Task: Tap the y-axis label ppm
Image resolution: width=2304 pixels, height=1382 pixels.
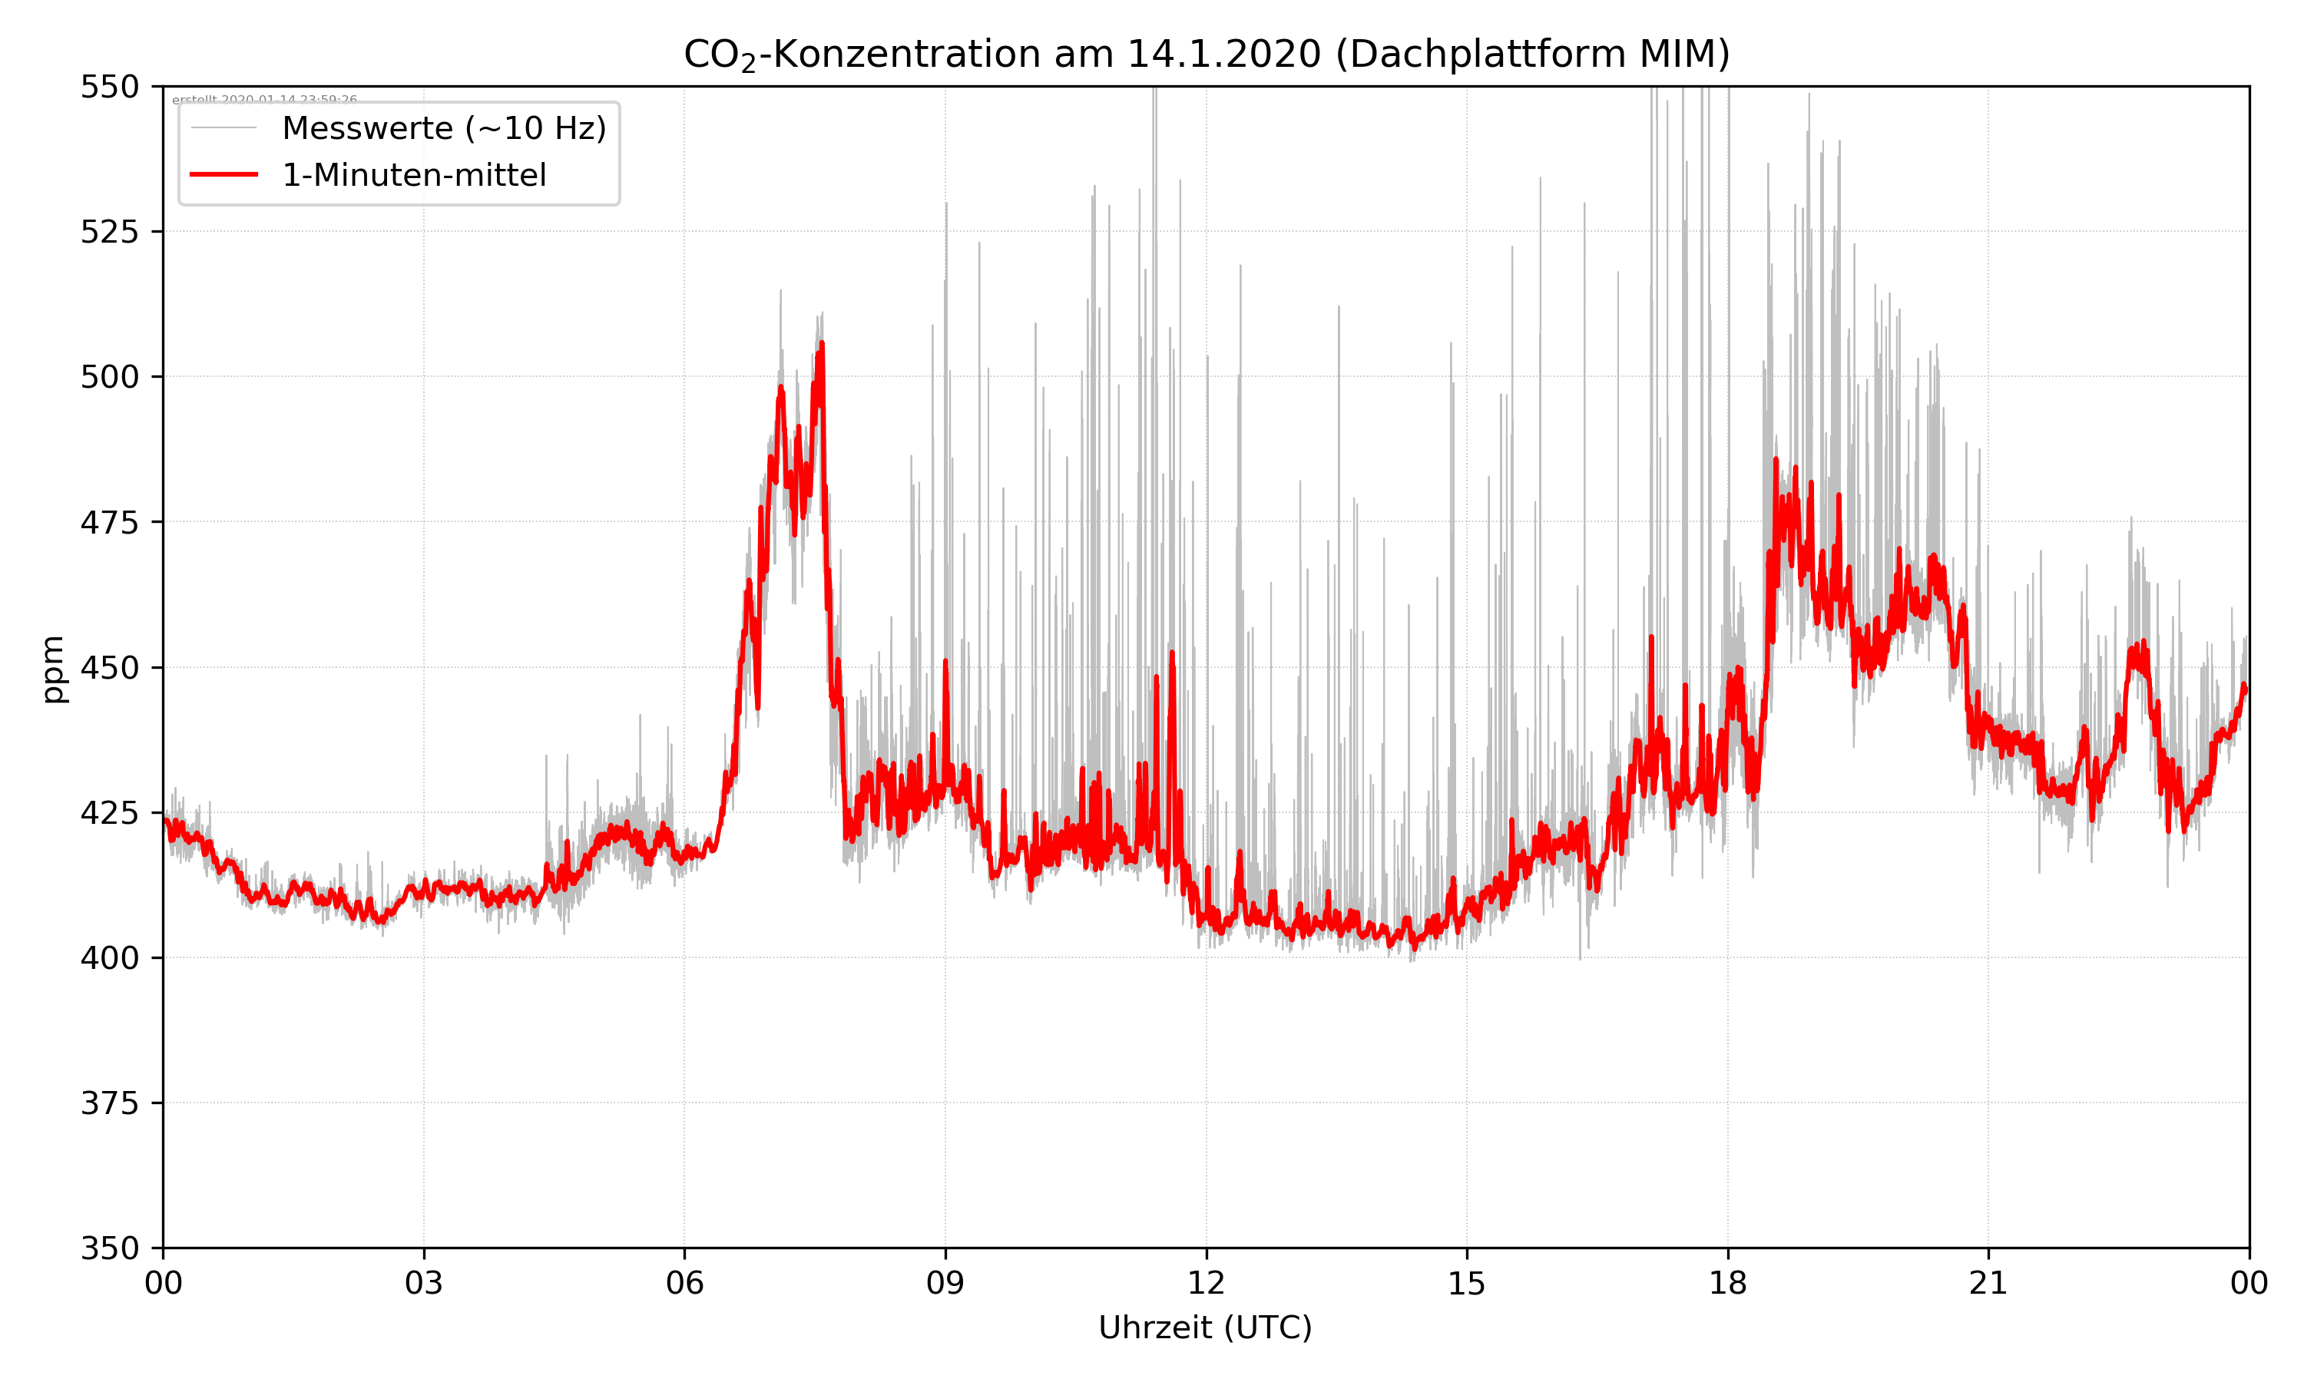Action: pyautogui.click(x=54, y=668)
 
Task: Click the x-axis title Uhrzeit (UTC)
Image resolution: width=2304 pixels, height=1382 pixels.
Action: pyautogui.click(x=1205, y=1327)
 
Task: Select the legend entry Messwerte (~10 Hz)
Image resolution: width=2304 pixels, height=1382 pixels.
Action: pyautogui.click(x=443, y=128)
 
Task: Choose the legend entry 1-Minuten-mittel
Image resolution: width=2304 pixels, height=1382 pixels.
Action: pyautogui.click(x=413, y=175)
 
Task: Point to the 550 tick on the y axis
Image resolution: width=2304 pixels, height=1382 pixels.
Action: pyautogui.click(x=109, y=87)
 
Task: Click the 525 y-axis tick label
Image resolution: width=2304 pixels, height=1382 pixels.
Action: pyautogui.click(x=109, y=232)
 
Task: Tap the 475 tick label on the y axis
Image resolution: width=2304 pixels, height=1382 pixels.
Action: pyautogui.click(x=109, y=522)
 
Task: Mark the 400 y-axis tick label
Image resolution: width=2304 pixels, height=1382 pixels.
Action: pyautogui.click(x=109, y=958)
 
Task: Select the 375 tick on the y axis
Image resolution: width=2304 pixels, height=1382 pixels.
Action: pyautogui.click(x=109, y=1103)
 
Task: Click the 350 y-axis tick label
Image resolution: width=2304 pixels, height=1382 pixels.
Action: pyautogui.click(x=109, y=1249)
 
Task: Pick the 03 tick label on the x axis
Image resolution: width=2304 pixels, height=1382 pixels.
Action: pyautogui.click(x=424, y=1283)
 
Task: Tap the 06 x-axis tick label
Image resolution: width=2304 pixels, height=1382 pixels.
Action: pyautogui.click(x=684, y=1283)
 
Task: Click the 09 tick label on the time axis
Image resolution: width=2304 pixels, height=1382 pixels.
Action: pyautogui.click(x=945, y=1283)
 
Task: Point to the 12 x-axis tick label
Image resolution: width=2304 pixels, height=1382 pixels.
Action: pyautogui.click(x=1206, y=1283)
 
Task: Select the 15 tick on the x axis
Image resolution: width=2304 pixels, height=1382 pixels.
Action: pyautogui.click(x=1467, y=1283)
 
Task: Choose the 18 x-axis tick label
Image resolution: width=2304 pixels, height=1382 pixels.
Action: pyautogui.click(x=1727, y=1283)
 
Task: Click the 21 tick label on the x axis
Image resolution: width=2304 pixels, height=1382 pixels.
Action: pyautogui.click(x=1988, y=1283)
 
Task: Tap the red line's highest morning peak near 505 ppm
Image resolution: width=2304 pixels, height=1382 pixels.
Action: pyautogui.click(x=822, y=345)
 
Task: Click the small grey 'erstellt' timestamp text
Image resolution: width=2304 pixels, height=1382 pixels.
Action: pyautogui.click(x=264, y=99)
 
